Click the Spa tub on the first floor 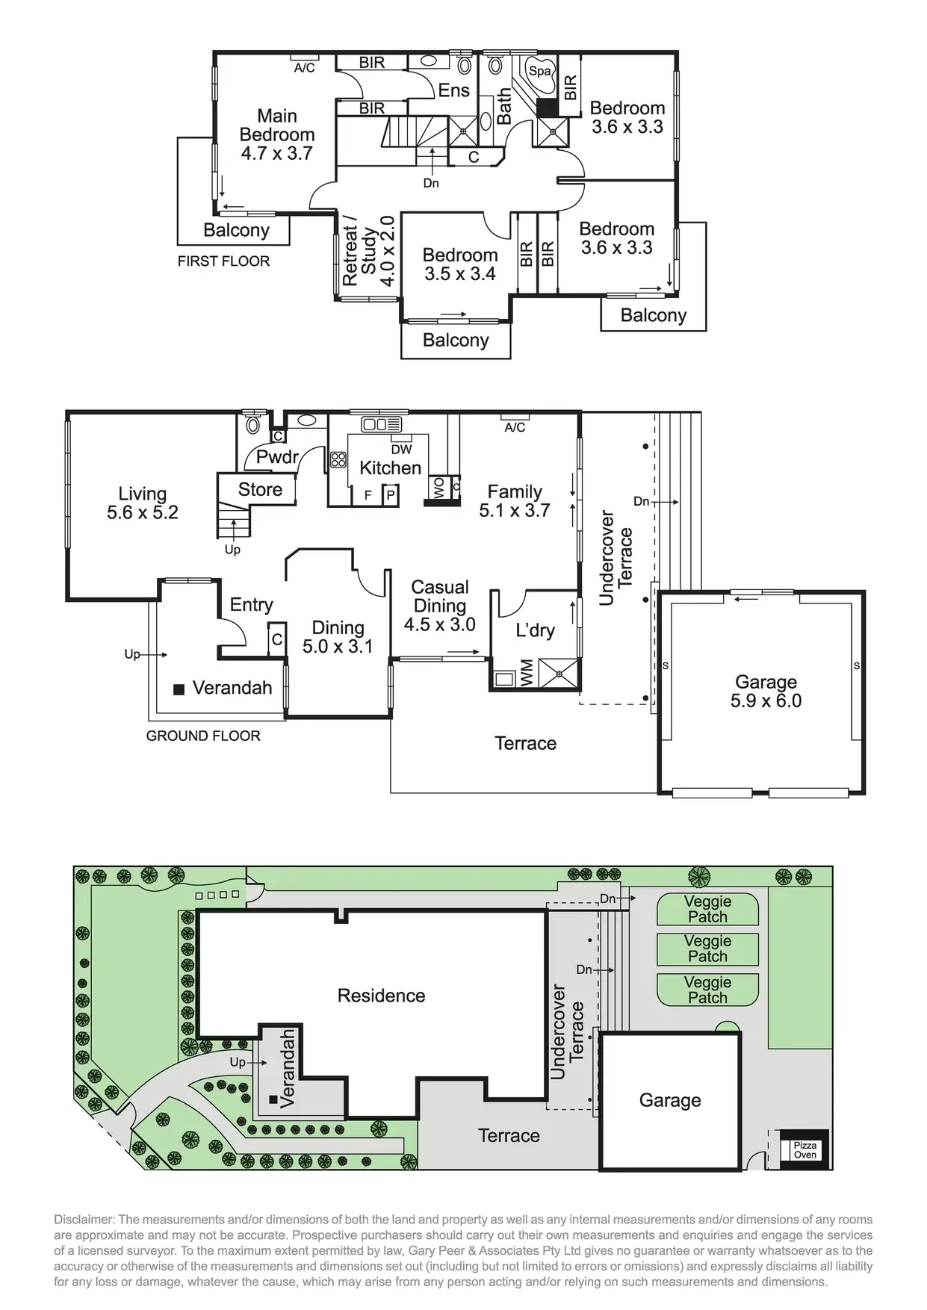click(539, 72)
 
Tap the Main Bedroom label click(276, 134)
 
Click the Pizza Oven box click(804, 1149)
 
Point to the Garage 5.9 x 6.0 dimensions click(766, 701)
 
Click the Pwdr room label click(277, 457)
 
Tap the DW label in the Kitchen click(401, 450)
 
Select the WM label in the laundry click(527, 672)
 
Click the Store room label click(260, 489)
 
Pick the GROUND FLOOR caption click(203, 736)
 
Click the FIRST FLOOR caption click(223, 261)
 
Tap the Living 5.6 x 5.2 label click(142, 503)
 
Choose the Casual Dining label click(440, 606)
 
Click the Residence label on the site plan click(381, 996)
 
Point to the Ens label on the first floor click(453, 90)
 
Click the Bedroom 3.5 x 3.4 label click(459, 264)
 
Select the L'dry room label click(535, 630)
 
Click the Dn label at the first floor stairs click(431, 183)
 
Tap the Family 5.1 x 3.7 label click(515, 501)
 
